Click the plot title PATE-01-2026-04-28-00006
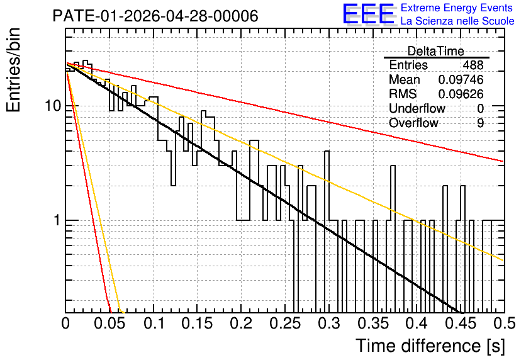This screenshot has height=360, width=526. pyautogui.click(x=155, y=16)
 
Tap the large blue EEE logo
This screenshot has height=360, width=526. pyautogui.click(x=369, y=14)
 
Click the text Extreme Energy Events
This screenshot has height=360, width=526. pyautogui.click(x=457, y=8)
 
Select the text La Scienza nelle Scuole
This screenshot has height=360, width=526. pyautogui.click(x=457, y=21)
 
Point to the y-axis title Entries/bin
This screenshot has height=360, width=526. pyautogui.click(x=13, y=70)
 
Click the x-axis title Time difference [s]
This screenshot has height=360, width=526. pyautogui.click(x=430, y=346)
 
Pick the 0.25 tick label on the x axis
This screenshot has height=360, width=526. pyautogui.click(x=286, y=323)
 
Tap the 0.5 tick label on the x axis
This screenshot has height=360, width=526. pyautogui.click(x=504, y=323)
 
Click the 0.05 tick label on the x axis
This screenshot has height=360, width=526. pyautogui.click(x=109, y=323)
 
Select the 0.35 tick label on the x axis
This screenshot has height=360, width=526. pyautogui.click(x=373, y=323)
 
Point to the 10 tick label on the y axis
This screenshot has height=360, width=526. pyautogui.click(x=53, y=106)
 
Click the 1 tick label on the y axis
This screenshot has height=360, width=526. pyautogui.click(x=57, y=220)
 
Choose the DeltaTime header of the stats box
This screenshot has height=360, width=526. pyautogui.click(x=436, y=52)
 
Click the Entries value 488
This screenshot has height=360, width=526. pyautogui.click(x=473, y=65)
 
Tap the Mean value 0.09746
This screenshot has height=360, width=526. pyautogui.click(x=461, y=79)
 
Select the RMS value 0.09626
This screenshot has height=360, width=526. pyautogui.click(x=461, y=94)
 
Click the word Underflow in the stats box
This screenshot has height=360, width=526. pyautogui.click(x=417, y=108)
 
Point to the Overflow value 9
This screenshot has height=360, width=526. pyautogui.click(x=480, y=123)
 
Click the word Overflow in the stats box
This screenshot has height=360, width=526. pyautogui.click(x=413, y=123)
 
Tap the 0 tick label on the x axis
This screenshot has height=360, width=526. pyautogui.click(x=65, y=323)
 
